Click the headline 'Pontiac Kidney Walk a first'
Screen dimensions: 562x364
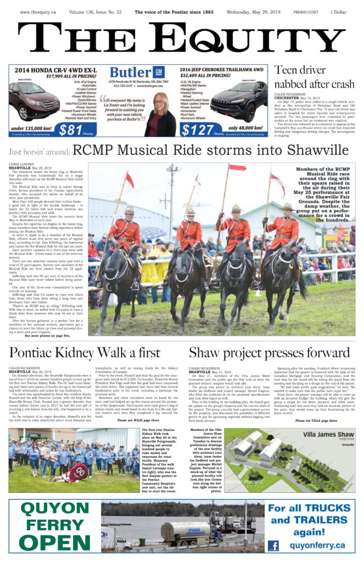point(85,352)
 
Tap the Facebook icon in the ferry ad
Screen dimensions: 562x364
point(273,546)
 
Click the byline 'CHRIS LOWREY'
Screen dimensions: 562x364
point(21,164)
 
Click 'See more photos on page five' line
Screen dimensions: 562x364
point(47,335)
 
